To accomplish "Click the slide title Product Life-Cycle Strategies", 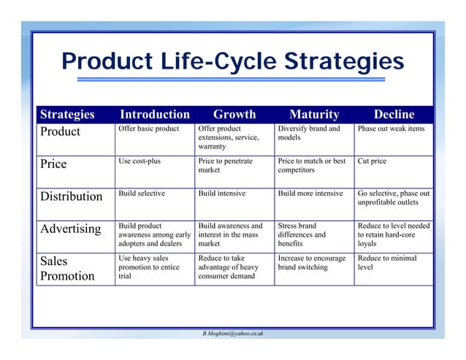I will coord(233,61).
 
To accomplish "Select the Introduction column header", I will coord(154,115).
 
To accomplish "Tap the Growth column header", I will coord(234,115).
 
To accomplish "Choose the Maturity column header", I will coord(314,115).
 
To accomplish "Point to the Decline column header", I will coord(394,115).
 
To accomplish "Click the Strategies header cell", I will coord(67,115).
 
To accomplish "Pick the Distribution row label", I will coord(71,196).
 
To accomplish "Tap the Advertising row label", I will coord(70,229).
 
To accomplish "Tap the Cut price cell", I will coord(372,161).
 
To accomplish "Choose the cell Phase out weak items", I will coord(391,129).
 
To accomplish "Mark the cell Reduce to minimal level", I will coord(387,263).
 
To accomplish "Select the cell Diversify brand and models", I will coord(309,133).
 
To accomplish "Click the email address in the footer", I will coord(233,333).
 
